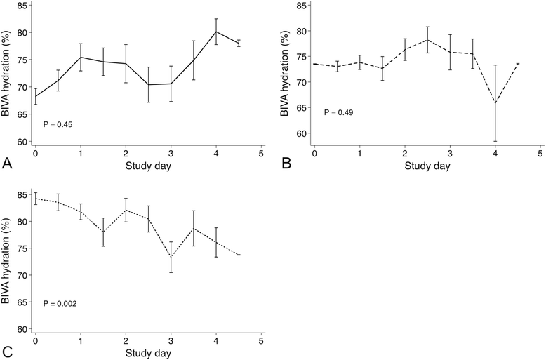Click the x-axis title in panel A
click(x=148, y=168)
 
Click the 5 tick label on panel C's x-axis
click(x=261, y=343)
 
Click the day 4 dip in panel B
click(x=495, y=102)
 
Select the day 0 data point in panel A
click(x=35, y=97)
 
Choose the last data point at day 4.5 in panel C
click(x=239, y=255)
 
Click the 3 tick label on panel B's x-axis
click(x=450, y=153)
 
